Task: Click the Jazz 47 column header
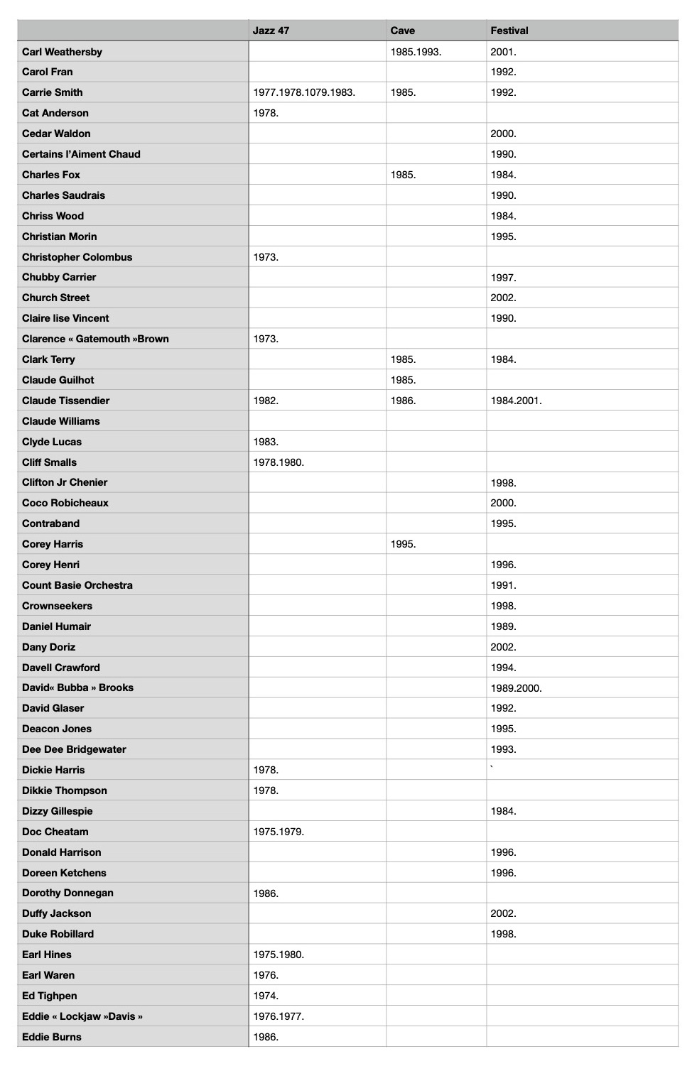click(271, 31)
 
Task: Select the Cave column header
click(403, 31)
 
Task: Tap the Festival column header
click(509, 31)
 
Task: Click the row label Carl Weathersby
click(63, 52)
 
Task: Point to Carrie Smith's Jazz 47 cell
click(304, 92)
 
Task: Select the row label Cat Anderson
click(55, 113)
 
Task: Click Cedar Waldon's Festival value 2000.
click(503, 134)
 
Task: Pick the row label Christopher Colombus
click(77, 257)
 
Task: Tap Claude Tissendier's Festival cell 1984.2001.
click(516, 401)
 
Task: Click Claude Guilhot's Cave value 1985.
click(403, 380)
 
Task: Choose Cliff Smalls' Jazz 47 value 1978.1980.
click(279, 462)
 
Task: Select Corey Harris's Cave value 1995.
click(403, 544)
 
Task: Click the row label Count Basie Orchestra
click(77, 585)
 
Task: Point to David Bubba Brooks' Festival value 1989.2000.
click(516, 687)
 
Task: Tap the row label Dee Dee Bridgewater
click(74, 749)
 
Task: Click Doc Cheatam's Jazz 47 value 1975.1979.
click(279, 832)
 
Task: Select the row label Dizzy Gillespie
click(58, 811)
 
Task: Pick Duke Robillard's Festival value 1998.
click(503, 934)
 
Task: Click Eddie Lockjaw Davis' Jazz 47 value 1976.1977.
click(279, 1016)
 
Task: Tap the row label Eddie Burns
click(52, 1037)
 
